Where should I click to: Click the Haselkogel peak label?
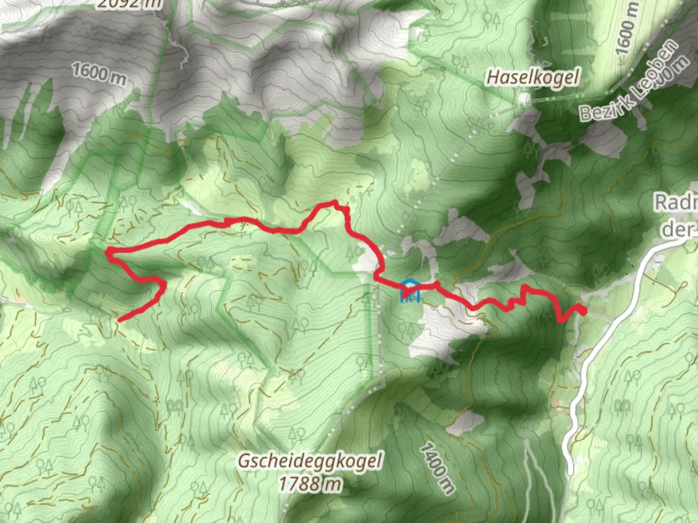point(533,77)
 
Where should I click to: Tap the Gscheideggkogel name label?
point(309,461)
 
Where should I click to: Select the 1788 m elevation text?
point(309,483)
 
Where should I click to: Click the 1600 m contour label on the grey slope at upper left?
point(98,73)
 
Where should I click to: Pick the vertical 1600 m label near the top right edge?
point(626,29)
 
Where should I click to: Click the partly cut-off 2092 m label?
point(129,4)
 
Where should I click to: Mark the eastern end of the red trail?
point(584,311)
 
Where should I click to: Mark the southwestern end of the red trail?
point(119,320)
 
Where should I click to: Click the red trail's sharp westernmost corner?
point(108,251)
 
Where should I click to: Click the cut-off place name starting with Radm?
point(676,202)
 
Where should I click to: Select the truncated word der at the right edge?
point(679,229)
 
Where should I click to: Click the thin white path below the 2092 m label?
point(182,50)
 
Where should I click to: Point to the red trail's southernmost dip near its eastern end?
point(561,320)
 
